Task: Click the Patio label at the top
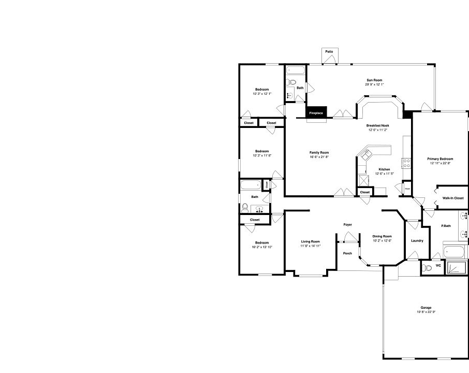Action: click(x=329, y=52)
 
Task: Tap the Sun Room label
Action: click(x=375, y=80)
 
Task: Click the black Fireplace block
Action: click(x=316, y=112)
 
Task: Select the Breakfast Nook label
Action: click(x=378, y=126)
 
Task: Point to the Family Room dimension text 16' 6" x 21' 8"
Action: click(x=319, y=157)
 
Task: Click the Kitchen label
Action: click(x=384, y=169)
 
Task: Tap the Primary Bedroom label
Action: click(x=440, y=159)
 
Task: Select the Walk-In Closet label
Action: click(x=452, y=198)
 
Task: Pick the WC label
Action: click(x=438, y=266)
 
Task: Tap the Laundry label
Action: click(x=417, y=240)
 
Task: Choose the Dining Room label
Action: click(x=383, y=236)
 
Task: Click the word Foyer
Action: click(x=347, y=224)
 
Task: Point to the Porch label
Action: click(x=347, y=253)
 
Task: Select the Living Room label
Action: click(x=311, y=241)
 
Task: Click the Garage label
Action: click(x=426, y=308)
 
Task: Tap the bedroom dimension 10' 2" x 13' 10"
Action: click(x=262, y=247)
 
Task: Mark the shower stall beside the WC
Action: click(x=456, y=268)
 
